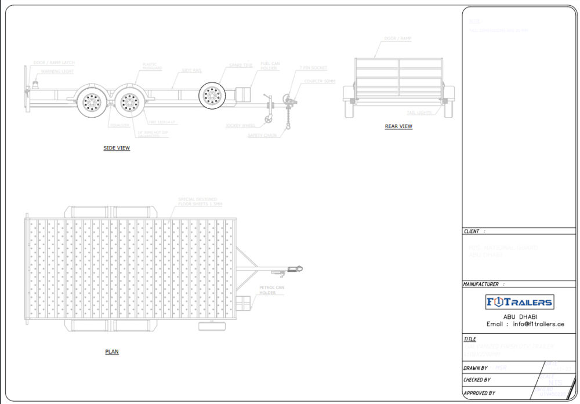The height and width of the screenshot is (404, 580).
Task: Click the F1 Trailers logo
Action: coord(519,301)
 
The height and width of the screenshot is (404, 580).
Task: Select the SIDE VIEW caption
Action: coord(117,148)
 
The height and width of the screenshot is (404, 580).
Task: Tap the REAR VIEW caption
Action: coord(398,126)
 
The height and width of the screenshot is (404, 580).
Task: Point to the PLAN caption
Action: coord(112,352)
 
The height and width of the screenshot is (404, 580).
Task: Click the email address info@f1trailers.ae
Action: coord(538,324)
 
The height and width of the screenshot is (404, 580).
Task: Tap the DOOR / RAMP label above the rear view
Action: coord(397,39)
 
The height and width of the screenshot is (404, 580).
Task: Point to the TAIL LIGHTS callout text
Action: coord(419,113)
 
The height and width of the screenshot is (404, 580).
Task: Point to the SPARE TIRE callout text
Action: coord(240,65)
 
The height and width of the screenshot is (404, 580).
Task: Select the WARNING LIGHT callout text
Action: coord(57,72)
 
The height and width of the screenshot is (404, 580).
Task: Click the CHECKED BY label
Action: coord(477,380)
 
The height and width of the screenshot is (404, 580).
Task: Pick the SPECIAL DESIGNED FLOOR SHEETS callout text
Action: coord(200,202)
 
